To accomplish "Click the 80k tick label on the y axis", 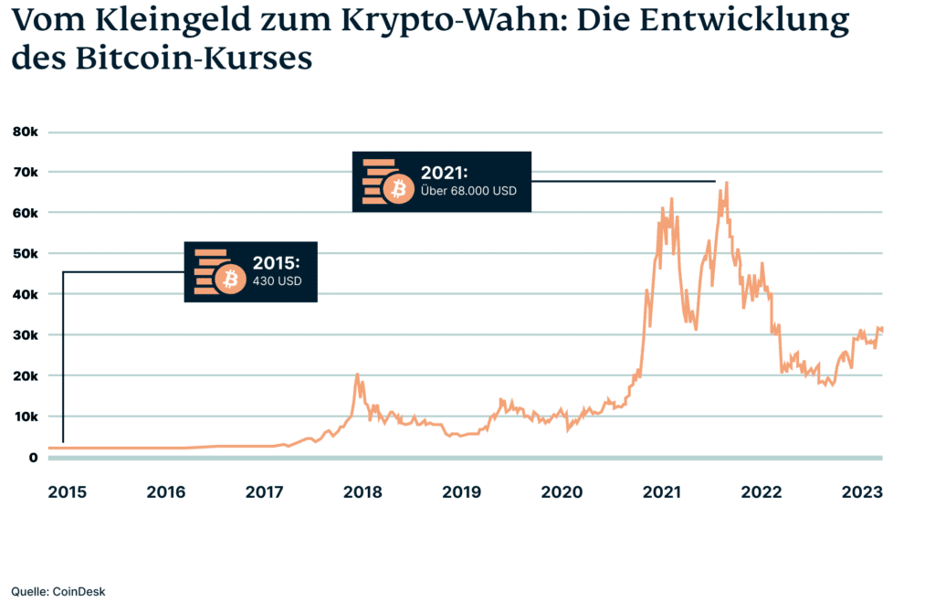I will (x=25, y=132).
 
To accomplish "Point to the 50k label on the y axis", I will (x=25, y=253).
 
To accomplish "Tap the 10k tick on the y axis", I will (x=25, y=416).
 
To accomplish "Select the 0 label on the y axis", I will (x=32, y=457).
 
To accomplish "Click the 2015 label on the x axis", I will (x=67, y=492).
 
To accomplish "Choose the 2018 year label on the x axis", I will (x=362, y=492).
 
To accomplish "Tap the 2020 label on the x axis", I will (x=562, y=492).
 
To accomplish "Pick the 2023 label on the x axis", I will (x=861, y=492).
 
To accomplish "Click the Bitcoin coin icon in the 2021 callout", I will (x=397, y=189).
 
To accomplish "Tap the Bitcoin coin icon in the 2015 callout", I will (x=229, y=278).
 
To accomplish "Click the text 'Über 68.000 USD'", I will (x=468, y=193).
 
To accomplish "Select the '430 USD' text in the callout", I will (x=277, y=281).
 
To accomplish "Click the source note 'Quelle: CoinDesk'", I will (x=58, y=591).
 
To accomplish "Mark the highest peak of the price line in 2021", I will (x=727, y=183).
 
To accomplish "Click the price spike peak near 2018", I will (x=357, y=374).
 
